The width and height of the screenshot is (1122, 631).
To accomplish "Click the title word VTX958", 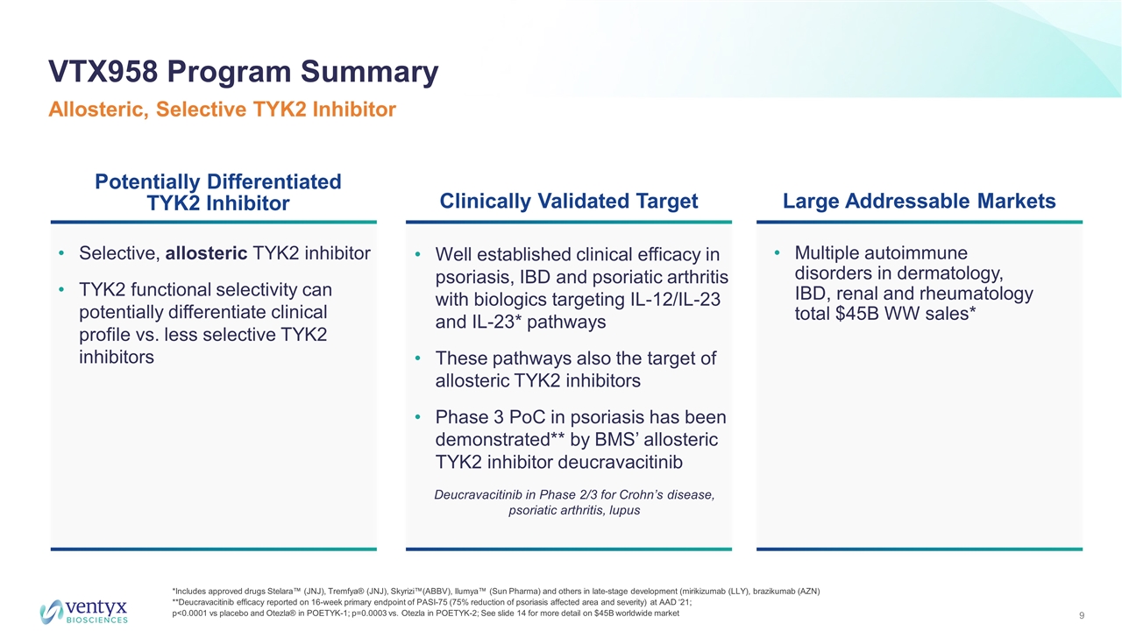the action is [103, 72].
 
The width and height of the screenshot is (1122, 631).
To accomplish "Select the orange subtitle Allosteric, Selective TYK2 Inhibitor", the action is [222, 110].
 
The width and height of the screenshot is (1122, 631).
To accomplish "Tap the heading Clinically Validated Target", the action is [569, 201].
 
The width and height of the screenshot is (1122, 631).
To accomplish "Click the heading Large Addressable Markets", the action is [920, 201].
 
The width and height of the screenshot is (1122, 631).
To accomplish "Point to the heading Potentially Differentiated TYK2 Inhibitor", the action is [218, 192].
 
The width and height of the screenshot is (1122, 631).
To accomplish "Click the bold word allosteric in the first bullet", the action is [206, 253].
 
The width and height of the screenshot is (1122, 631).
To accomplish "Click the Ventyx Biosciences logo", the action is [83, 612].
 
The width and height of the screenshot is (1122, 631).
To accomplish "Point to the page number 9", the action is [1082, 615].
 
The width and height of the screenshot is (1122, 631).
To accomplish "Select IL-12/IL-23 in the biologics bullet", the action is [673, 300].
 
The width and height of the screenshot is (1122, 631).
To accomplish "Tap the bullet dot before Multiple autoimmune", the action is [777, 253].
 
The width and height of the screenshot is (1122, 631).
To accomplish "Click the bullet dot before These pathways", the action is [417, 358].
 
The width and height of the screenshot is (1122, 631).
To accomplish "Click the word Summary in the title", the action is [370, 72].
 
